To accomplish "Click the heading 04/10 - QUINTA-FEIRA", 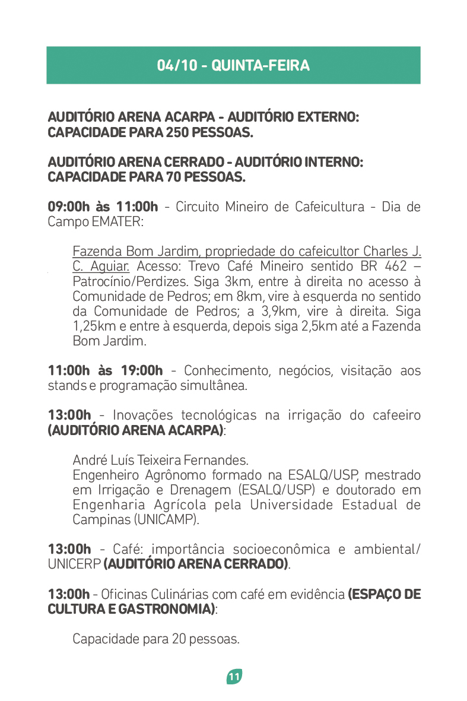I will coord(233,65).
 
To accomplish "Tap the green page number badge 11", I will coord(234,677).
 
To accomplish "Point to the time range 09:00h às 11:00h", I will coord(103,207).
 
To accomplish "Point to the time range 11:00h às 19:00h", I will coord(105,371).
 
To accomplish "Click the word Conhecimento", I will coord(223,371).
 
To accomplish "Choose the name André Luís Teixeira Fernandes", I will coord(160,460).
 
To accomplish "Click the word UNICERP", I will coord(74,563).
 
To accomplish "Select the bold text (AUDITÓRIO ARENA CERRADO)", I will coord(196,563).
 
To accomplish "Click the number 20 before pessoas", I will coord(179,639).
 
